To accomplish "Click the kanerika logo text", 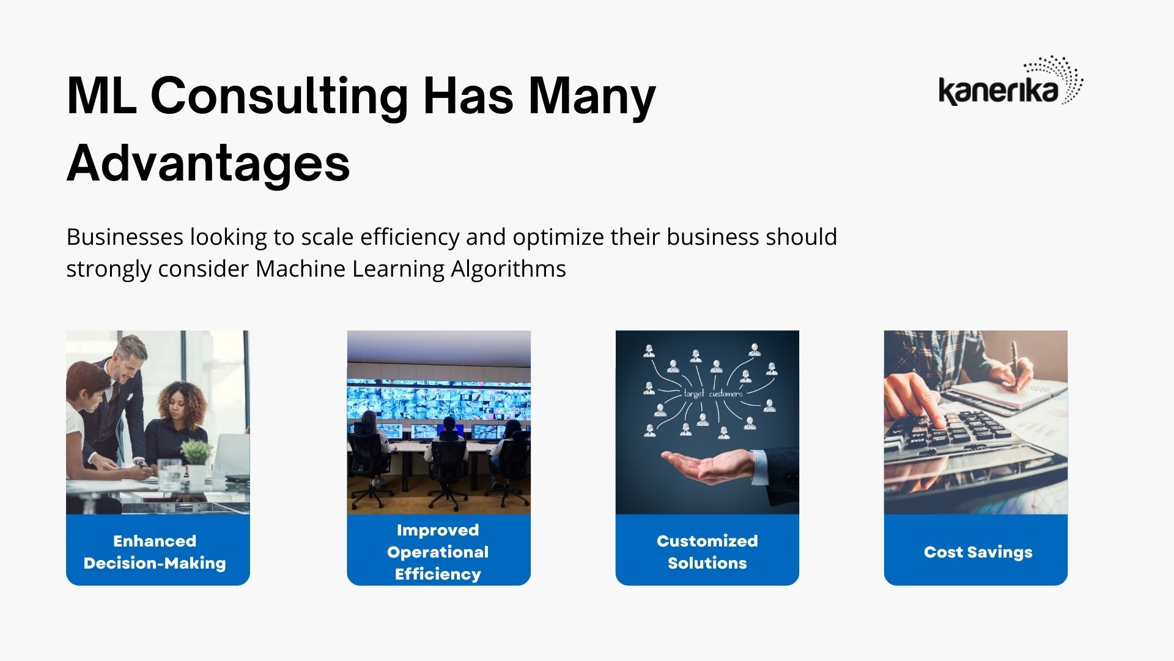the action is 998,91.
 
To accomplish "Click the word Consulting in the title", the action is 279,96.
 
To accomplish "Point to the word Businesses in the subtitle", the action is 125,237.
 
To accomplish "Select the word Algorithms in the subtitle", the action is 508,269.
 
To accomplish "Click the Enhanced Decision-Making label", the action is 155,552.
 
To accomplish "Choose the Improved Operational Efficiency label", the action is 438,552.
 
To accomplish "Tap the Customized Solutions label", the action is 707,552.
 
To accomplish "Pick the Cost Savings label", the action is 978,552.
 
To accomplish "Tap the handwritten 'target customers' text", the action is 712,394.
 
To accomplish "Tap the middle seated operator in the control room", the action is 448,453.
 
